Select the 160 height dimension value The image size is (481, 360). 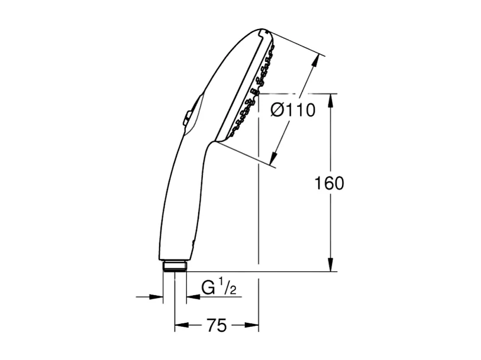coord(328,183)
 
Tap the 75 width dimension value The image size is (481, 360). coord(217,325)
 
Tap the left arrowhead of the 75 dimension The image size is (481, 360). coord(179,325)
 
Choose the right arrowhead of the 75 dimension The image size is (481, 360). coord(254,325)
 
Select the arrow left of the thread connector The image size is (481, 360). coord(157,296)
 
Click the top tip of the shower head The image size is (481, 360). coord(266,31)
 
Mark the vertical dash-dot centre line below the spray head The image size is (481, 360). coord(259,207)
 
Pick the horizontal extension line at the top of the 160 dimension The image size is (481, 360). coord(302,93)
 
